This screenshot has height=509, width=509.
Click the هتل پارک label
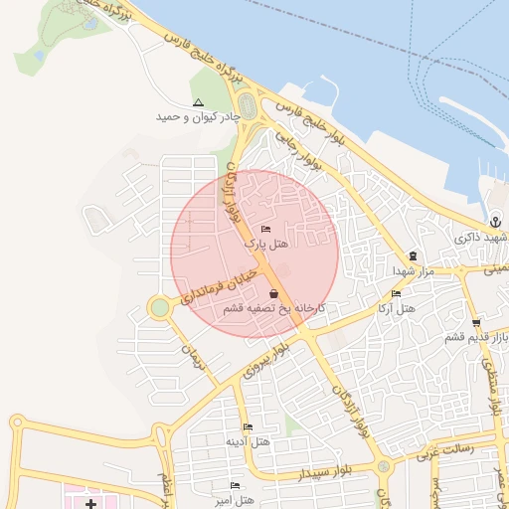click(x=265, y=243)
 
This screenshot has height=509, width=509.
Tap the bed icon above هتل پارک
click(x=265, y=229)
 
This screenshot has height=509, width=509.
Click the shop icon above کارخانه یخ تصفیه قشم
click(x=273, y=294)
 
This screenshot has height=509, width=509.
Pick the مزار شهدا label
click(x=411, y=270)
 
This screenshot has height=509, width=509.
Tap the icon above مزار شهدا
click(x=413, y=255)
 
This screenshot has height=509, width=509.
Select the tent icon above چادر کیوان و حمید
click(x=198, y=102)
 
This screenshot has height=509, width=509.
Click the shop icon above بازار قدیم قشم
click(x=476, y=322)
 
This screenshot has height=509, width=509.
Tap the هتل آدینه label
click(x=246, y=440)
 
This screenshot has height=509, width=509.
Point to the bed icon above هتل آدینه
click(x=248, y=426)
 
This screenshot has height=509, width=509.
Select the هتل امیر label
click(x=237, y=498)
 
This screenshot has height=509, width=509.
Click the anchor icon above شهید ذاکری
click(x=494, y=221)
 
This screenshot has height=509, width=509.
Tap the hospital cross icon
click(x=90, y=492)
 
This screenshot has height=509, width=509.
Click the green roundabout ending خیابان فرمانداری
click(x=159, y=308)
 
